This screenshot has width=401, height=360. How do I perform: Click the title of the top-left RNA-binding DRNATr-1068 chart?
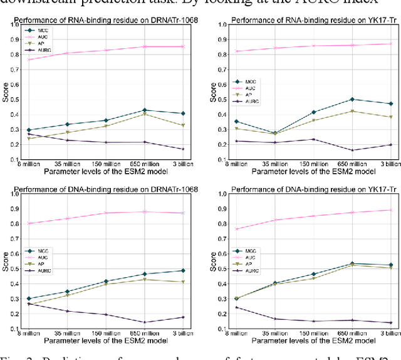pyautogui.click(x=107, y=21)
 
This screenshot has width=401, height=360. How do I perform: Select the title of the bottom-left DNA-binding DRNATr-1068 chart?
pyautogui.click(x=107, y=189)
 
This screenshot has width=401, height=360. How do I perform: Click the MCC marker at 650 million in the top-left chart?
pyautogui.click(x=144, y=110)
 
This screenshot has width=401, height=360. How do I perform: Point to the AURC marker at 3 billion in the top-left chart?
pyautogui.click(x=182, y=149)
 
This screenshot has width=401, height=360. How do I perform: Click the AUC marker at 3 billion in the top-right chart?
pyautogui.click(x=390, y=44)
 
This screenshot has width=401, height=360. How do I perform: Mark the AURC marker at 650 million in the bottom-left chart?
pyautogui.click(x=144, y=322)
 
